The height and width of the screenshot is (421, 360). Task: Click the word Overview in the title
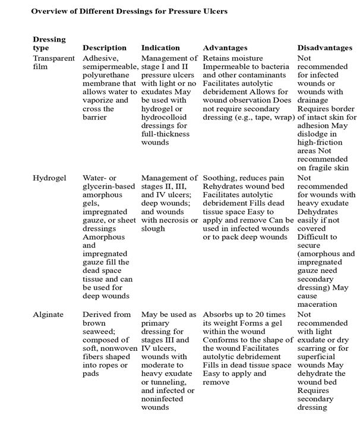coord(49,12)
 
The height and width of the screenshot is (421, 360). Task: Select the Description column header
coord(104,48)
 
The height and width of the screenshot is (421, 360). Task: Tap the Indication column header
coord(160,48)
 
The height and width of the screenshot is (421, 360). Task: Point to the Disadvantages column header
coord(325,48)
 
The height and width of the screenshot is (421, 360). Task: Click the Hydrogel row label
coord(49,178)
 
